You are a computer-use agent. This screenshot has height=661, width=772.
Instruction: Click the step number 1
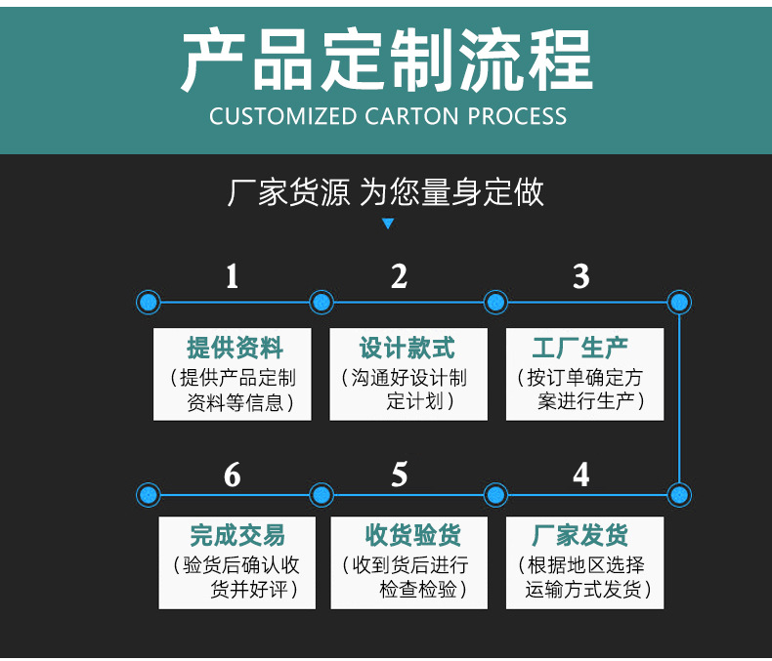(x=233, y=276)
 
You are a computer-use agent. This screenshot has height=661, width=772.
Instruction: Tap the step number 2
(x=400, y=276)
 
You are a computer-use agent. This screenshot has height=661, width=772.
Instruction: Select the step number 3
(x=581, y=276)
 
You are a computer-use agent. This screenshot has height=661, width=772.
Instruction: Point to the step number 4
(x=581, y=475)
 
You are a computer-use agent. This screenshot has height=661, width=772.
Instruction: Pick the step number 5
(x=400, y=475)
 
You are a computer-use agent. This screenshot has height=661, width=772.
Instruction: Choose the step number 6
(x=233, y=475)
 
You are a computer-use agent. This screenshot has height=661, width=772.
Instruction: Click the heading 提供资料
(x=235, y=349)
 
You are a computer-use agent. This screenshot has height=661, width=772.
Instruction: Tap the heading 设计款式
(x=407, y=349)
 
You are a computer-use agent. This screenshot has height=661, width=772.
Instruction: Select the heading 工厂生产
(x=580, y=349)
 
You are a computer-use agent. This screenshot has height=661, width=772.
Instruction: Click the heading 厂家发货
(x=580, y=535)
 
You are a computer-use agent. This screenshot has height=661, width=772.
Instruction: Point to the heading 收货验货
(x=412, y=535)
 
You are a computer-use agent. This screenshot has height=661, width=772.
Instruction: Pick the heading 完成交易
(x=237, y=535)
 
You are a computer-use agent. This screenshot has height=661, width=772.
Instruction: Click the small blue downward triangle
(x=388, y=224)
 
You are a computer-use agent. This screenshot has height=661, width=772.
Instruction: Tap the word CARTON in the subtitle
(x=411, y=116)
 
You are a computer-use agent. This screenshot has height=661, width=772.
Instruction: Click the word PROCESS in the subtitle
(x=517, y=116)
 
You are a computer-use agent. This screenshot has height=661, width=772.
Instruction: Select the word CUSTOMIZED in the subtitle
(x=282, y=116)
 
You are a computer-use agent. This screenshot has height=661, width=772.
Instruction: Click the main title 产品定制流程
(x=387, y=60)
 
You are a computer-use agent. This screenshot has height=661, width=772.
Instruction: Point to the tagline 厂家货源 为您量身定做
(x=385, y=192)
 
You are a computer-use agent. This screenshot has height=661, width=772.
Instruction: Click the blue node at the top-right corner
(x=679, y=302)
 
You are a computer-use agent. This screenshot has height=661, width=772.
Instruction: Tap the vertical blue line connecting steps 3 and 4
(x=679, y=398)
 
